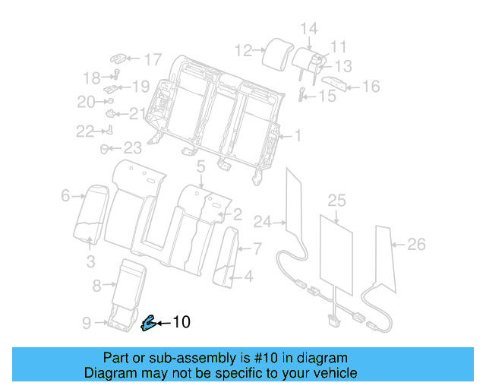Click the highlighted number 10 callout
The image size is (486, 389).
click(x=181, y=322)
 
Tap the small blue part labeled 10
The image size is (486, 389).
click(x=147, y=324)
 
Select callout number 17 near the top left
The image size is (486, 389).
click(x=153, y=59)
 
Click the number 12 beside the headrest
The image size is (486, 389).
click(x=243, y=51)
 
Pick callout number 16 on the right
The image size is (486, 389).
click(x=370, y=87)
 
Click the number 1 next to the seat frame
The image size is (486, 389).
click(x=298, y=137)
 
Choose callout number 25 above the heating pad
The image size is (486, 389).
click(x=336, y=201)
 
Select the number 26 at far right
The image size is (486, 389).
click(x=416, y=244)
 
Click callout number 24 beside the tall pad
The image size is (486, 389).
click(x=263, y=222)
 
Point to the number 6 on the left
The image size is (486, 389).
click(x=65, y=196)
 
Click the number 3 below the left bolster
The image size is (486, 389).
click(x=90, y=262)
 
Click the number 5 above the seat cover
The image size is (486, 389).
click(x=201, y=166)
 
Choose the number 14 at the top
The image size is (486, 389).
click(x=308, y=30)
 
